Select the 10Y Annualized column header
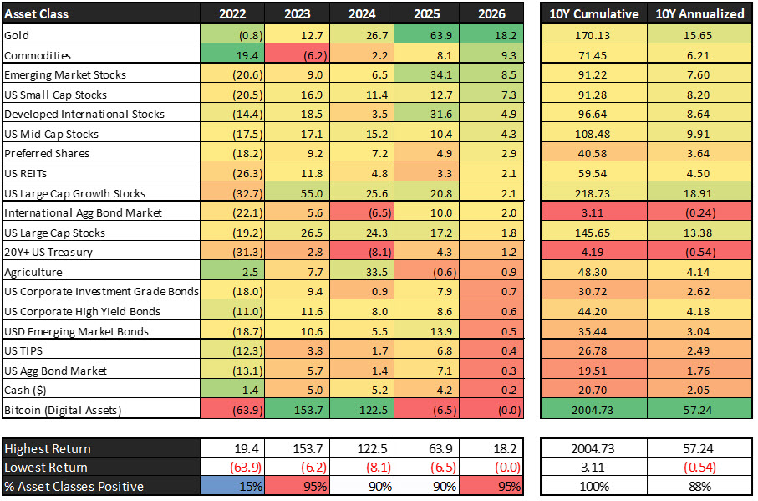pos(699,13)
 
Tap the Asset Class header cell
pos(37,13)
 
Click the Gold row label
pos(17,35)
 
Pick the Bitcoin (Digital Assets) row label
pos(62,410)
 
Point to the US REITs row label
pos(25,173)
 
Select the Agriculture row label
pos(32,272)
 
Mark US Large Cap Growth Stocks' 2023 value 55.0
pos(309,193)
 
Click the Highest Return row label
pos(47,448)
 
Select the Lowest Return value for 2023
pos(309,468)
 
